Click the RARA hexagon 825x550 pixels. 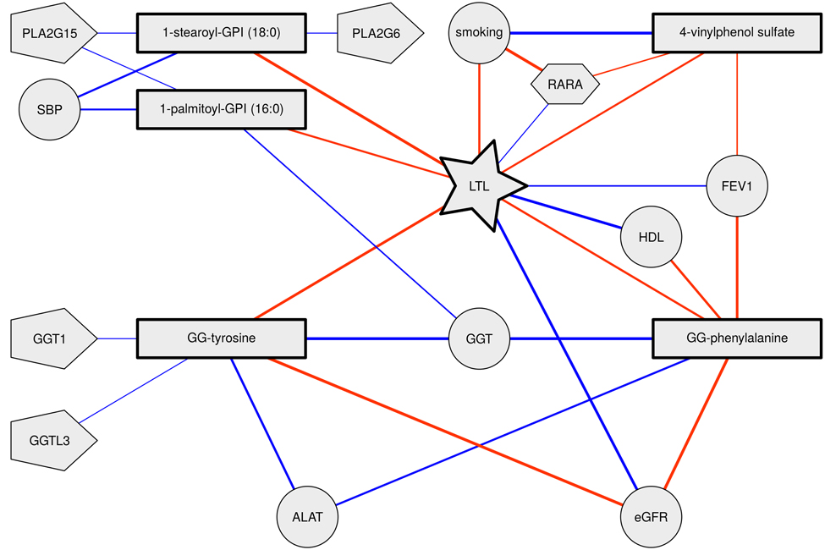pos(564,85)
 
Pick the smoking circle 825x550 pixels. pos(479,34)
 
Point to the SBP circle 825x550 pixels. pos(49,110)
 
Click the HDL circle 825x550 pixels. pos(652,238)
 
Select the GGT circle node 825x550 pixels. pos(479,339)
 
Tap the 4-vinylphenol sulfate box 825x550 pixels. pos(736,34)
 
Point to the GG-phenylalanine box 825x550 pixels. pos(736,339)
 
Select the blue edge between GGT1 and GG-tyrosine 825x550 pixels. pos(117,339)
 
